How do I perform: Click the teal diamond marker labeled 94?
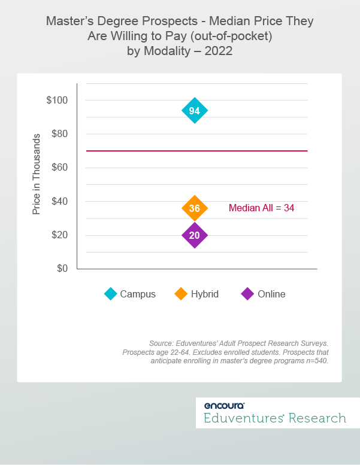(194, 111)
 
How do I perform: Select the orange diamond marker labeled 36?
(194, 208)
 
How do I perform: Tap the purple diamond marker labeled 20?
(194, 235)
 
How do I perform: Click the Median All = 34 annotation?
(261, 208)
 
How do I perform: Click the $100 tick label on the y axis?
(57, 100)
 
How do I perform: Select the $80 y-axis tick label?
(59, 134)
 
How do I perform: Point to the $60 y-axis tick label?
(59, 168)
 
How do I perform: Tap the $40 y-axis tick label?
(59, 201)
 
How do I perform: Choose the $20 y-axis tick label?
(59, 235)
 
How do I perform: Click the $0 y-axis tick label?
(62, 268)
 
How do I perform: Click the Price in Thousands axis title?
(37, 174)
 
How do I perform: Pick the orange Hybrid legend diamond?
(181, 294)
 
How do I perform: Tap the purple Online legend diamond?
(247, 294)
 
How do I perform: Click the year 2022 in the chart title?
(219, 51)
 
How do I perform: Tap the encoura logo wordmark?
(223, 405)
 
